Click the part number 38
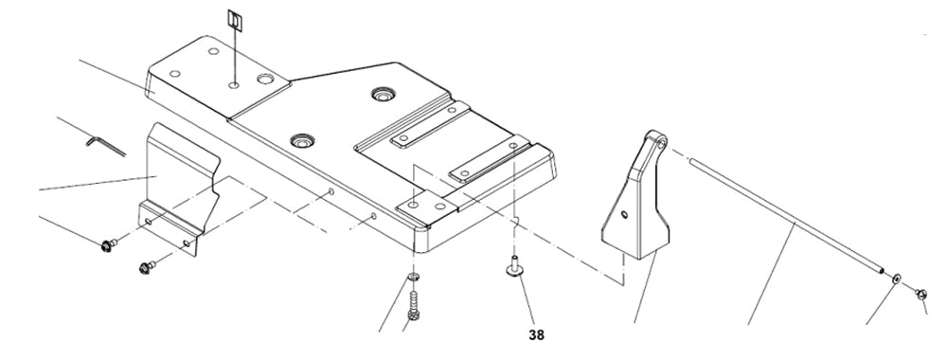(x=536, y=334)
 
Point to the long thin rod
(x=786, y=215)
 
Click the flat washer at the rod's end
(x=896, y=279)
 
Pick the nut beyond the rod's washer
(x=921, y=294)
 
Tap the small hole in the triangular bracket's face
(x=624, y=214)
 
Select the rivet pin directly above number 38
(x=514, y=267)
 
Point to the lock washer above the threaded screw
(x=413, y=278)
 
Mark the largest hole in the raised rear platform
(x=265, y=80)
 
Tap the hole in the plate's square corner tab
(x=412, y=206)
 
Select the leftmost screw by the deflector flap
(x=109, y=244)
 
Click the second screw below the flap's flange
(x=147, y=266)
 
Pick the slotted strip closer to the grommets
(x=430, y=124)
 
